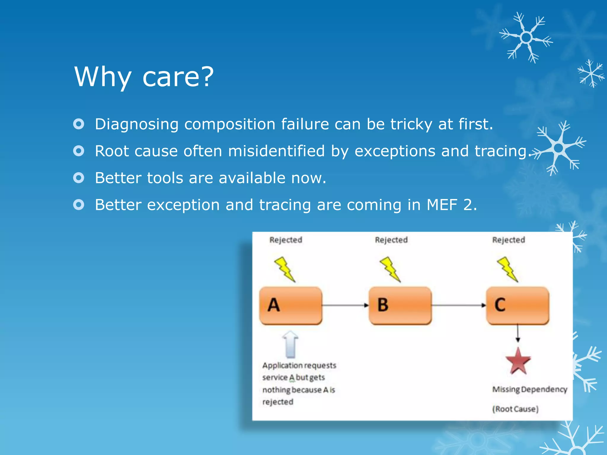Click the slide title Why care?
(144, 76)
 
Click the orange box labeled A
(290, 305)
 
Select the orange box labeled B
(400, 305)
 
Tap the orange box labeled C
(517, 305)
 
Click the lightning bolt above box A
(285, 269)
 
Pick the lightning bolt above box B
(390, 269)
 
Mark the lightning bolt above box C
(507, 269)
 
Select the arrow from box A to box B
(345, 305)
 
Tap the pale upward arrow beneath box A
(290, 344)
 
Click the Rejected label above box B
(391, 240)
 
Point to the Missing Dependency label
(530, 389)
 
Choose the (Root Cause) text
(515, 409)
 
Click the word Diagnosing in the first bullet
(136, 124)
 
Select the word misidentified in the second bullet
(276, 151)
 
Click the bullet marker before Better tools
(79, 178)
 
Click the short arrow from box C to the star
(518, 333)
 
